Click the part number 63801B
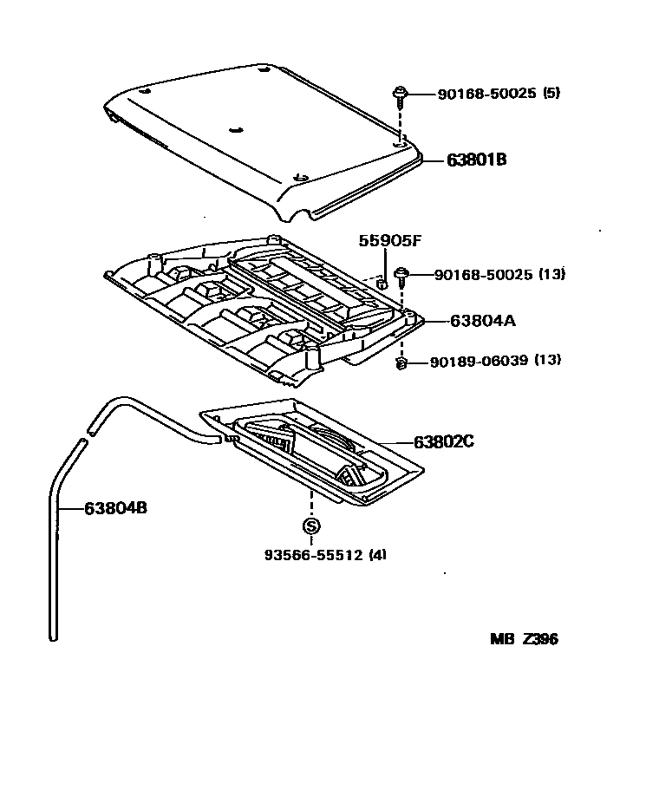click(x=476, y=160)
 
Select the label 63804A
click(x=483, y=320)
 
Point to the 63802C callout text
click(x=444, y=441)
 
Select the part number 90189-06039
click(x=479, y=360)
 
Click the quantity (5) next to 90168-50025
click(x=551, y=93)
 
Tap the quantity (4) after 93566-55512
click(x=377, y=555)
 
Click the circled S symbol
click(x=311, y=526)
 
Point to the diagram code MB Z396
click(x=524, y=639)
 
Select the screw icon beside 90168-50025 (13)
click(x=401, y=276)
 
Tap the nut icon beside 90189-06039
click(x=401, y=362)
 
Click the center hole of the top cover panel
click(x=235, y=131)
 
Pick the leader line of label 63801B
click(x=434, y=160)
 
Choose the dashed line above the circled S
click(x=311, y=502)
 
